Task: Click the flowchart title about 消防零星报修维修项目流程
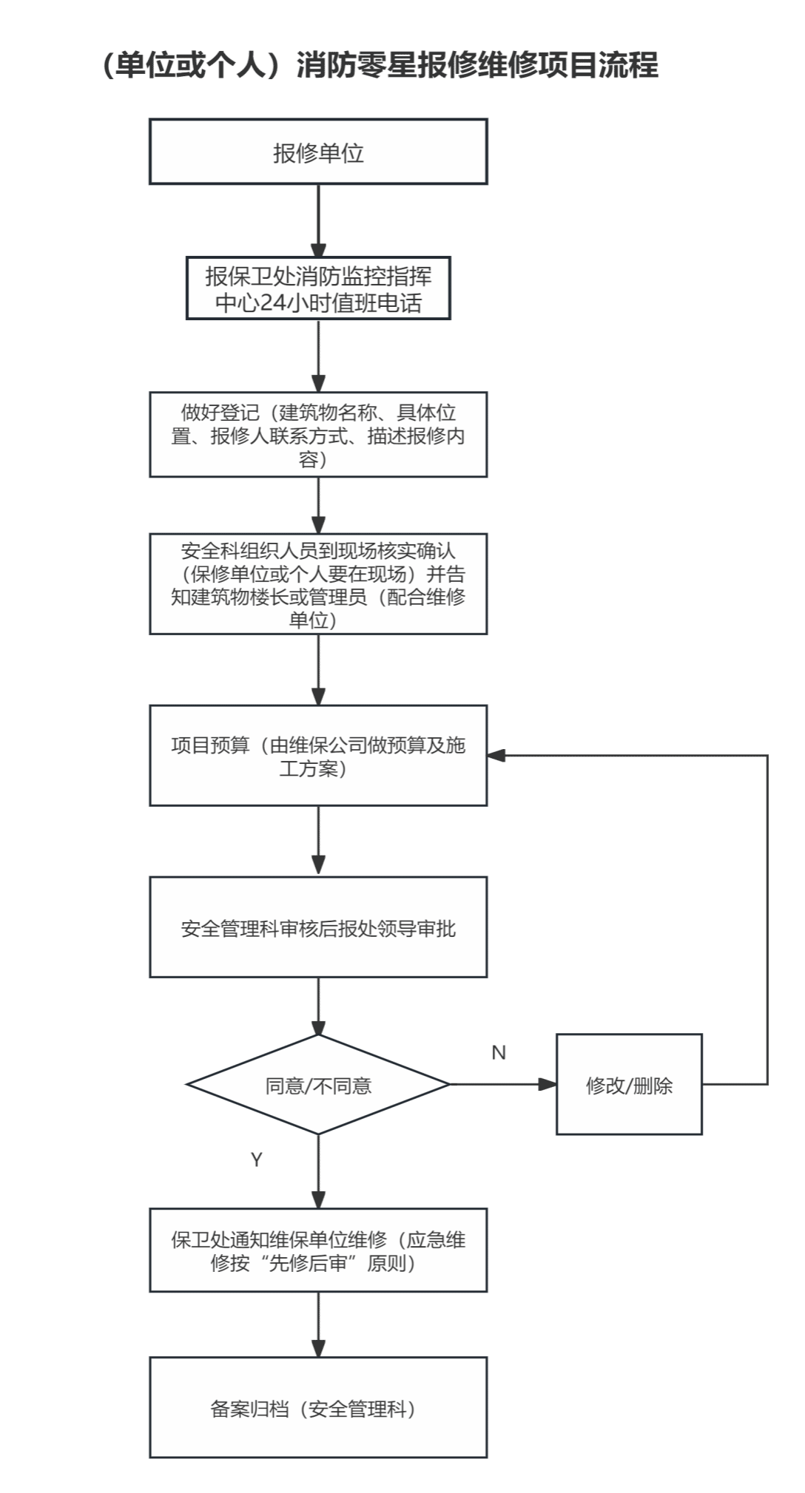pyautogui.click(x=379, y=65)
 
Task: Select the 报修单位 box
pyautogui.click(x=318, y=152)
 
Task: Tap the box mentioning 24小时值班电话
pyautogui.click(x=318, y=289)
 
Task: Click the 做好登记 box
pyautogui.click(x=318, y=435)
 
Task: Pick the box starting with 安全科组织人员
pyautogui.click(x=318, y=584)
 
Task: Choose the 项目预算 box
pyautogui.click(x=318, y=756)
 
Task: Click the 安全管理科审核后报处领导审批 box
pyautogui.click(x=318, y=928)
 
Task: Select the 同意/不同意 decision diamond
pyautogui.click(x=318, y=1085)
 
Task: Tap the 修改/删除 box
pyautogui.click(x=629, y=1085)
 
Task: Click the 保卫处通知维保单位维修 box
pyautogui.click(x=318, y=1251)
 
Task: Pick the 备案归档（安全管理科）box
pyautogui.click(x=318, y=1408)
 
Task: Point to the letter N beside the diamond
pyautogui.click(x=499, y=1053)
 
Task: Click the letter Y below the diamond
pyautogui.click(x=257, y=1159)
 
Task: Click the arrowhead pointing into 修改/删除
pyautogui.click(x=548, y=1085)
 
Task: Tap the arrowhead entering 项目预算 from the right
pyautogui.click(x=496, y=756)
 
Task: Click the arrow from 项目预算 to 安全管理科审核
pyautogui.click(x=318, y=841)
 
